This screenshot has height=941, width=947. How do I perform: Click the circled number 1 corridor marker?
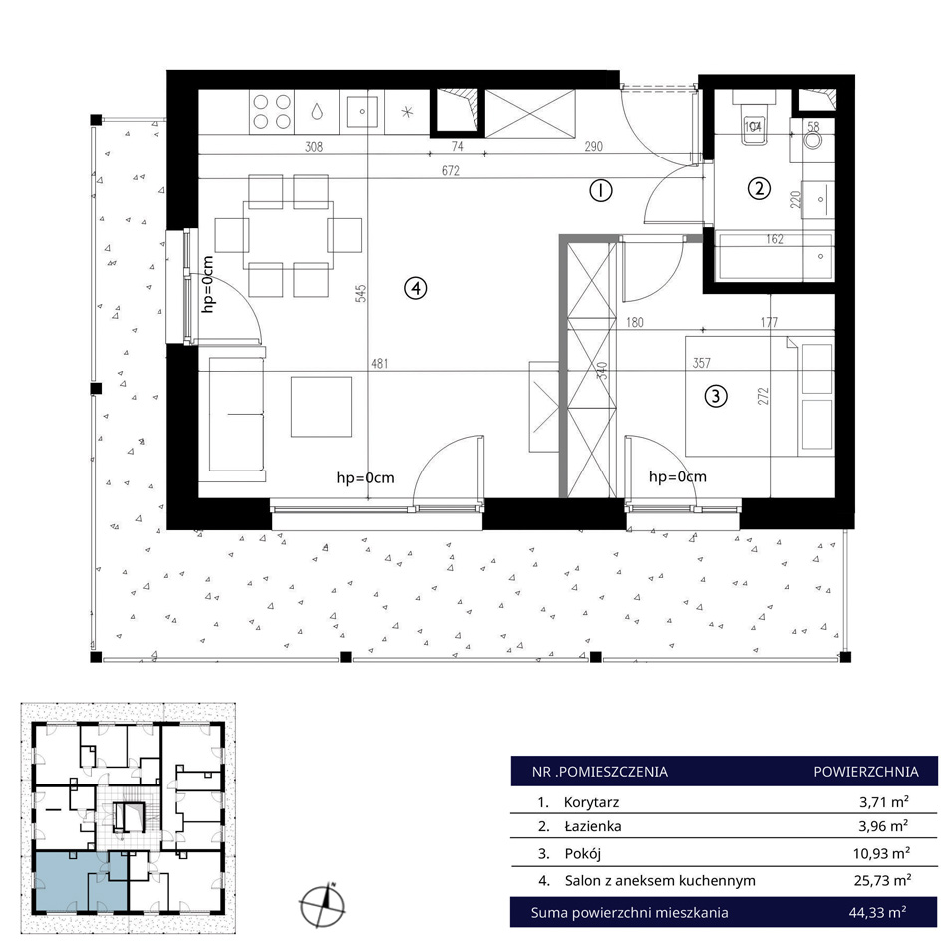600,190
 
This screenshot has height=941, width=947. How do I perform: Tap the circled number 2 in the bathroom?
759,188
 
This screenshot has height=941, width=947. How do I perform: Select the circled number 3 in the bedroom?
716,396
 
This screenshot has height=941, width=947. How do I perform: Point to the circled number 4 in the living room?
415,288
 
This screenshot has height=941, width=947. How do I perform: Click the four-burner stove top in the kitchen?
272,111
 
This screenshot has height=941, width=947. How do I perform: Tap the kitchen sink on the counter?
361,111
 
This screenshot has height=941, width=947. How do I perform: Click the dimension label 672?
450,170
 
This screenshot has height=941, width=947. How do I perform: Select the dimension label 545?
361,293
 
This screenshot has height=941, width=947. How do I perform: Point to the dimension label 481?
379,363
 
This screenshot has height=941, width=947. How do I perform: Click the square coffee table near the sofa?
321,407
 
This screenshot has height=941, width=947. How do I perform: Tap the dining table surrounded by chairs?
288,235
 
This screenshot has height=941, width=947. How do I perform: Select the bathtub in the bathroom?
775,257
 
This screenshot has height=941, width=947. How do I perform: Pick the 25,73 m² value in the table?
882,880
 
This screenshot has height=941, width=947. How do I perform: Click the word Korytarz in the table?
591,802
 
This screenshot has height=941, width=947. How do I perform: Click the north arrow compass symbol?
323,905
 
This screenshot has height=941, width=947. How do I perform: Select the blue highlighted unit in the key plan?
81,881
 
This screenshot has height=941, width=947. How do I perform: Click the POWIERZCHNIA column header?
866,772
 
